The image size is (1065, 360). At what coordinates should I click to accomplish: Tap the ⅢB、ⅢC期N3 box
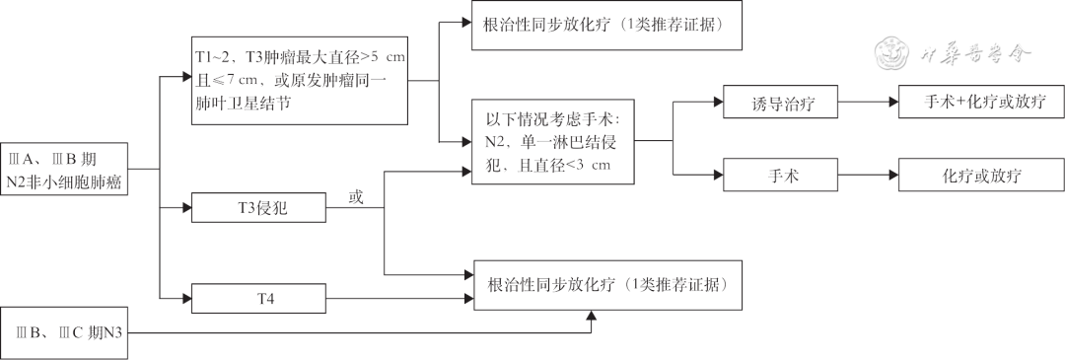tap(65, 333)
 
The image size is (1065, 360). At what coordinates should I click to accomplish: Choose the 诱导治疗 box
tap(780, 101)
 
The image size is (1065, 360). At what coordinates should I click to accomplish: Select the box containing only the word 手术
tap(780, 177)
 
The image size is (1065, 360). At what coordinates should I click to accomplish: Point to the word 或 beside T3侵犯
tap(356, 197)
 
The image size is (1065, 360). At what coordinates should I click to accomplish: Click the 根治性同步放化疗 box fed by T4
tap(607, 285)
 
